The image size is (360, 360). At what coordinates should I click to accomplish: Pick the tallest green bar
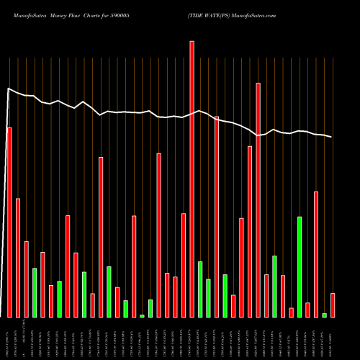click(x=300, y=266)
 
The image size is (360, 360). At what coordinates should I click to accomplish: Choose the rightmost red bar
click(x=333, y=305)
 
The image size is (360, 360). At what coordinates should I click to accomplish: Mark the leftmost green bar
click(x=34, y=292)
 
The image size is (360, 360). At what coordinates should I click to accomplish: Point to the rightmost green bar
click(x=324, y=315)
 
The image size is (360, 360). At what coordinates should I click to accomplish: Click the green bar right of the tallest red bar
click(x=200, y=289)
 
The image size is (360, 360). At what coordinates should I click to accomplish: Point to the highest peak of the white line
click(x=8, y=89)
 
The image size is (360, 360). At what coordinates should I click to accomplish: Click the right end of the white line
click(x=332, y=137)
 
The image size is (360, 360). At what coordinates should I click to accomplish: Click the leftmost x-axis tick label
click(x=9, y=338)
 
